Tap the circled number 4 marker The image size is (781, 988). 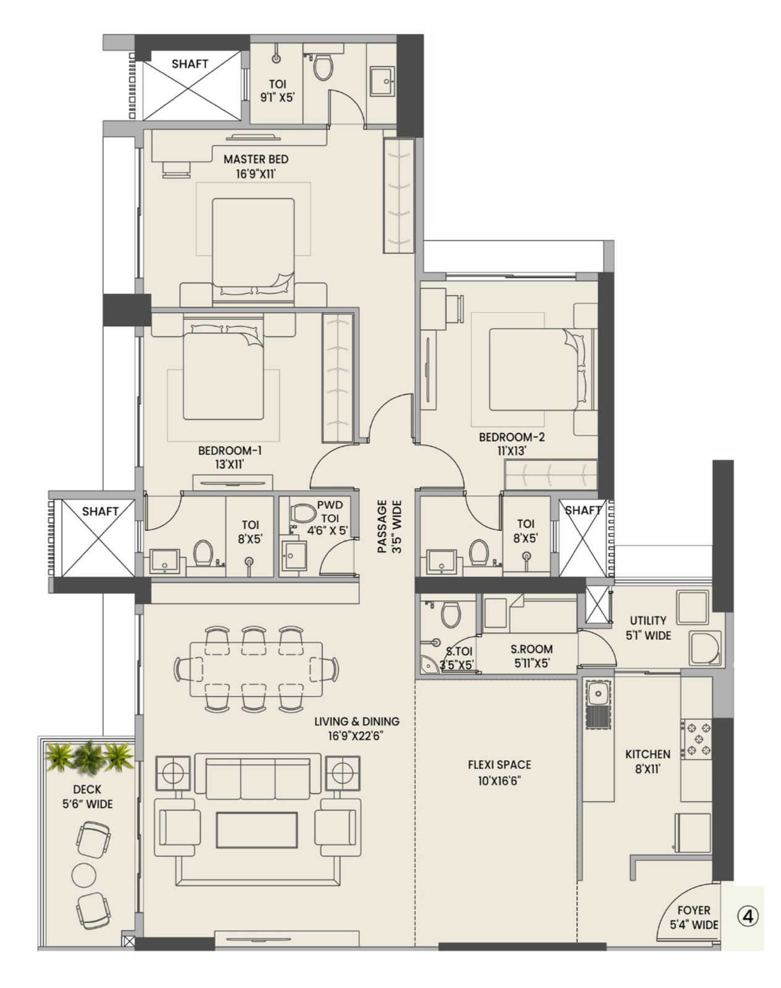click(748, 917)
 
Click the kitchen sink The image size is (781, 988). click(598, 695)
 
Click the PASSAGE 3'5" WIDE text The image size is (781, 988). click(389, 526)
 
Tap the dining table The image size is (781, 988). click(256, 668)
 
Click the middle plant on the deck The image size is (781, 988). click(89, 756)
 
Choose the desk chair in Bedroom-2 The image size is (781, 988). click(457, 307)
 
